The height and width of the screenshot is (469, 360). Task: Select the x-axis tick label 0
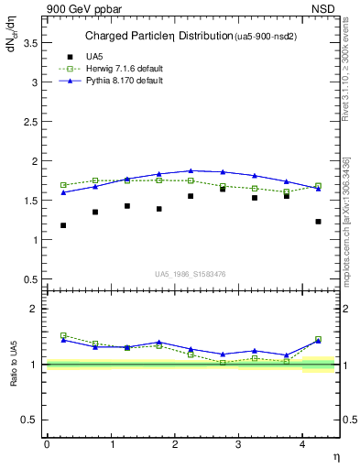coord(47,443)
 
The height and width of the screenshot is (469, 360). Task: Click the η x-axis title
coord(334,455)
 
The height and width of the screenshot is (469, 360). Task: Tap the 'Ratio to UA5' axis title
coord(13,378)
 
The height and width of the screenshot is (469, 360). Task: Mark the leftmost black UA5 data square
coord(63,225)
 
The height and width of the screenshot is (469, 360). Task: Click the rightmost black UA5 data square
coord(318,221)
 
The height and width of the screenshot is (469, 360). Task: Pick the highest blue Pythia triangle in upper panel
coord(191,170)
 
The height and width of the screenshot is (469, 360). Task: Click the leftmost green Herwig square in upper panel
coord(63,185)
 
